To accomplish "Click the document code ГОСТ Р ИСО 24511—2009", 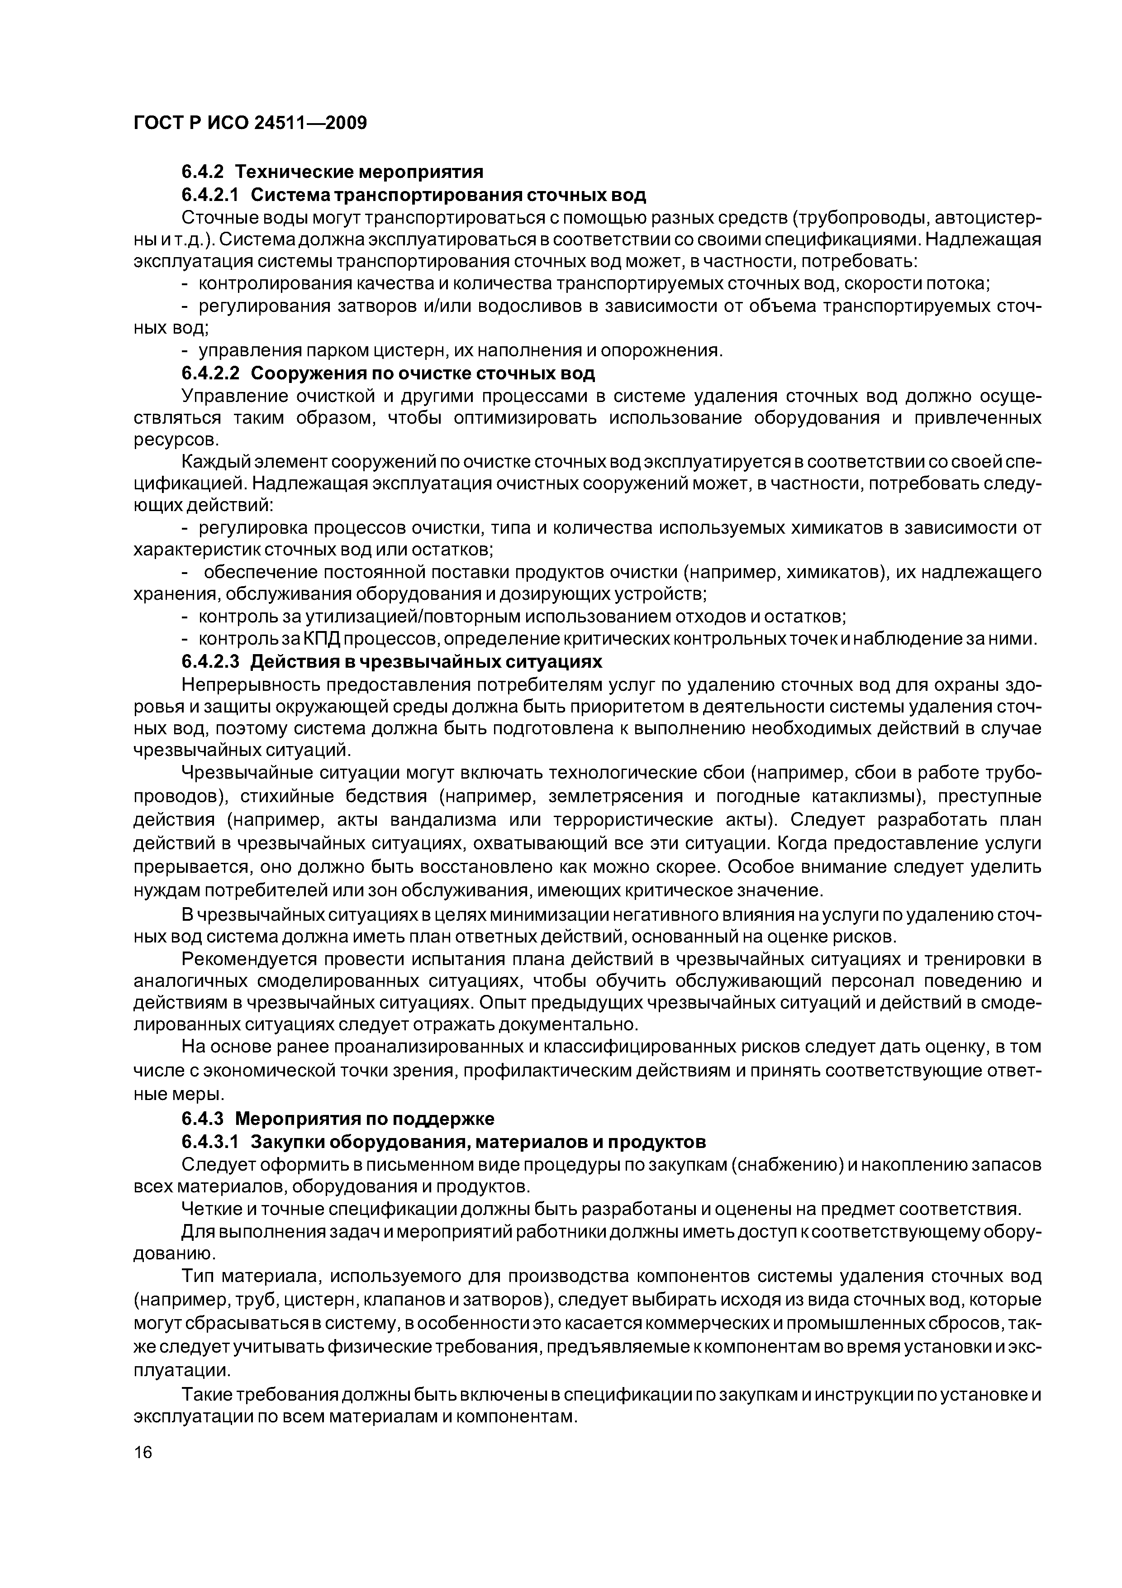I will click(x=250, y=123).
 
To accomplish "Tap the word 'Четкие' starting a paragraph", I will click(x=208, y=1209).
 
